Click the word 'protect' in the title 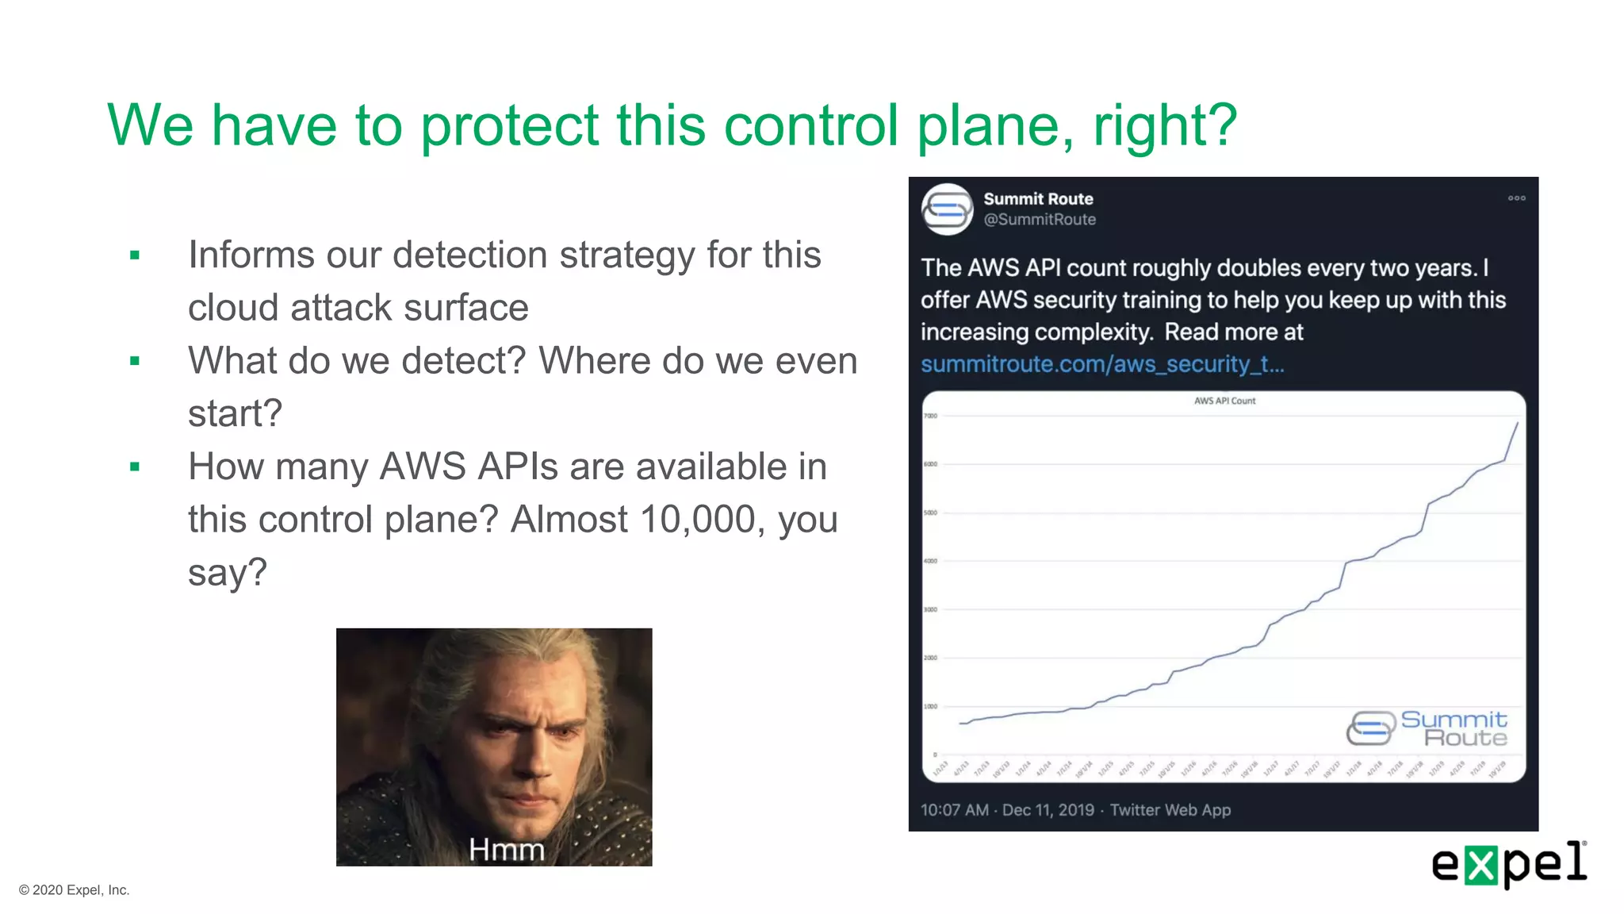point(509,125)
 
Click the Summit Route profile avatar point(947,209)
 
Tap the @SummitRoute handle point(1040,220)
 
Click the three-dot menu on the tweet point(1516,198)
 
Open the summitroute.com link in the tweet point(1101,364)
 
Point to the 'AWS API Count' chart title point(1224,401)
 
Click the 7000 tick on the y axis point(930,416)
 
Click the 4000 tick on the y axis point(930,561)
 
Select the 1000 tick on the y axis point(930,706)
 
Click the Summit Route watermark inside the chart point(1427,728)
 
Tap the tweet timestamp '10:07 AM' point(954,810)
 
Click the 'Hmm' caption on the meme point(507,850)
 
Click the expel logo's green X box point(1480,865)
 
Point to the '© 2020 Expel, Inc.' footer point(75,890)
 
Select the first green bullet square point(135,255)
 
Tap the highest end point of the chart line point(1518,423)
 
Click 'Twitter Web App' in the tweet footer point(1170,810)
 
